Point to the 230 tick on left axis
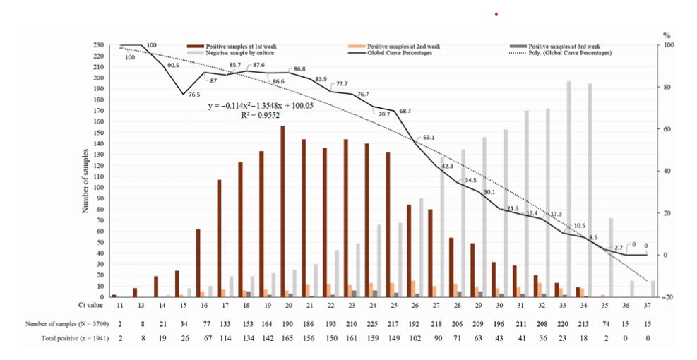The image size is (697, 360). pyautogui.click(x=99, y=45)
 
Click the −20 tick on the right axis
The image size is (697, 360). pyautogui.click(x=667, y=297)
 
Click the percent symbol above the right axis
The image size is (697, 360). pyautogui.click(x=666, y=35)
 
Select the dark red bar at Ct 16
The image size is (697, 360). pyautogui.click(x=198, y=263)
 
